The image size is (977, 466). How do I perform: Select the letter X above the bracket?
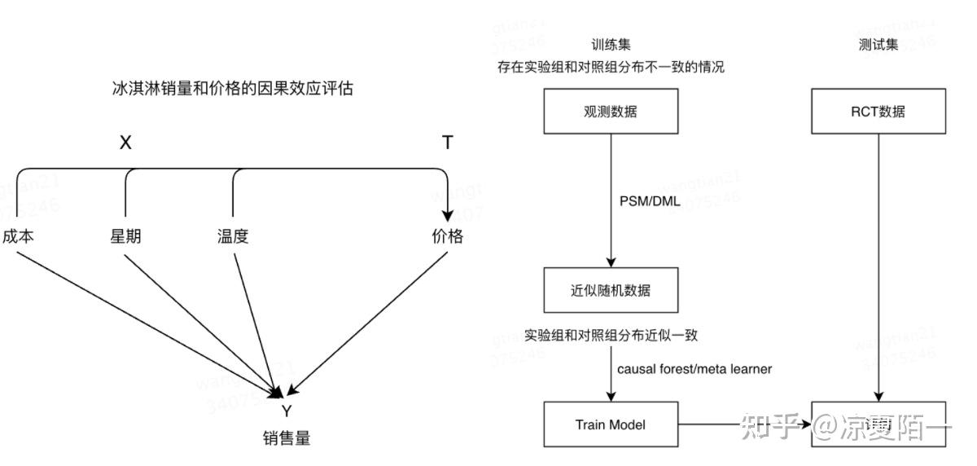pyautogui.click(x=125, y=143)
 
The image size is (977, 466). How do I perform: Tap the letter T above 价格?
pyautogui.click(x=447, y=143)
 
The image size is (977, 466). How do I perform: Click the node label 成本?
pyautogui.click(x=17, y=236)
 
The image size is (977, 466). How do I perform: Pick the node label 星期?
pyautogui.click(x=125, y=236)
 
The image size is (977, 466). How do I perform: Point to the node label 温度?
pyautogui.click(x=233, y=236)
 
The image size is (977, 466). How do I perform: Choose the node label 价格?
pyautogui.click(x=447, y=236)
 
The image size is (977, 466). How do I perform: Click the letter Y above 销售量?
pyautogui.click(x=286, y=411)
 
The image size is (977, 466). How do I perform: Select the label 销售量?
pyautogui.click(x=286, y=437)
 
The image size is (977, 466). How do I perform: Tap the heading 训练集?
pyautogui.click(x=611, y=46)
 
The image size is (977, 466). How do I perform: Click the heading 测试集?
pyautogui.click(x=878, y=46)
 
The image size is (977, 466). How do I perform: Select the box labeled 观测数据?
pyautogui.click(x=611, y=112)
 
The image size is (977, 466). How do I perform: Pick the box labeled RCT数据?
pyautogui.click(x=878, y=112)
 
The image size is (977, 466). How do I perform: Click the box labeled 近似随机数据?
pyautogui.click(x=611, y=290)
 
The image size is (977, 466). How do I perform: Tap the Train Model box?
pyautogui.click(x=611, y=424)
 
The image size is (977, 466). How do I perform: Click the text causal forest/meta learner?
pyautogui.click(x=694, y=369)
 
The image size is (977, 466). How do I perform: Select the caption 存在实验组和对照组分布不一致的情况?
pyautogui.click(x=611, y=68)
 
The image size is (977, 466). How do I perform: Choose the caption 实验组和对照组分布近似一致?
pyautogui.click(x=611, y=335)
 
